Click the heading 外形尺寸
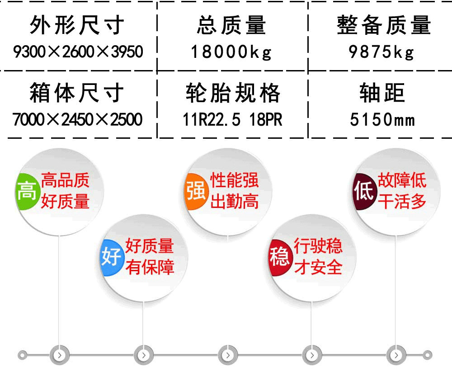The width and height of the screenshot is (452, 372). pyautogui.click(x=77, y=25)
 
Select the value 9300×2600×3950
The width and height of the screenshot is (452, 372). pyautogui.click(x=78, y=52)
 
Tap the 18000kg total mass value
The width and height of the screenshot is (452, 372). pyautogui.click(x=231, y=52)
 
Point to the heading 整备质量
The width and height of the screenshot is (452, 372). pyautogui.click(x=384, y=25)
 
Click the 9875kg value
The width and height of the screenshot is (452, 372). pyautogui.click(x=381, y=52)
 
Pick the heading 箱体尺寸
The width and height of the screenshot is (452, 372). pyautogui.click(x=77, y=93)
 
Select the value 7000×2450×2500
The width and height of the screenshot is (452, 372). pyautogui.click(x=78, y=119)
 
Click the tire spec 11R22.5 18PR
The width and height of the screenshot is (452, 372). pyautogui.click(x=232, y=119)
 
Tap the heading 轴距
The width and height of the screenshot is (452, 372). pyautogui.click(x=382, y=93)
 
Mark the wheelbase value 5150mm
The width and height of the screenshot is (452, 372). pyautogui.click(x=382, y=119)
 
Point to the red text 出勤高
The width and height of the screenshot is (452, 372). pyautogui.click(x=234, y=201)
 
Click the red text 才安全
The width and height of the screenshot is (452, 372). pyautogui.click(x=318, y=267)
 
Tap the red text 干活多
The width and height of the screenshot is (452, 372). pyautogui.click(x=402, y=201)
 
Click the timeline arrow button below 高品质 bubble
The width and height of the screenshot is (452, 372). pyautogui.click(x=60, y=355)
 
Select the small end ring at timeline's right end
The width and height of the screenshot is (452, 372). pyautogui.click(x=428, y=355)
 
